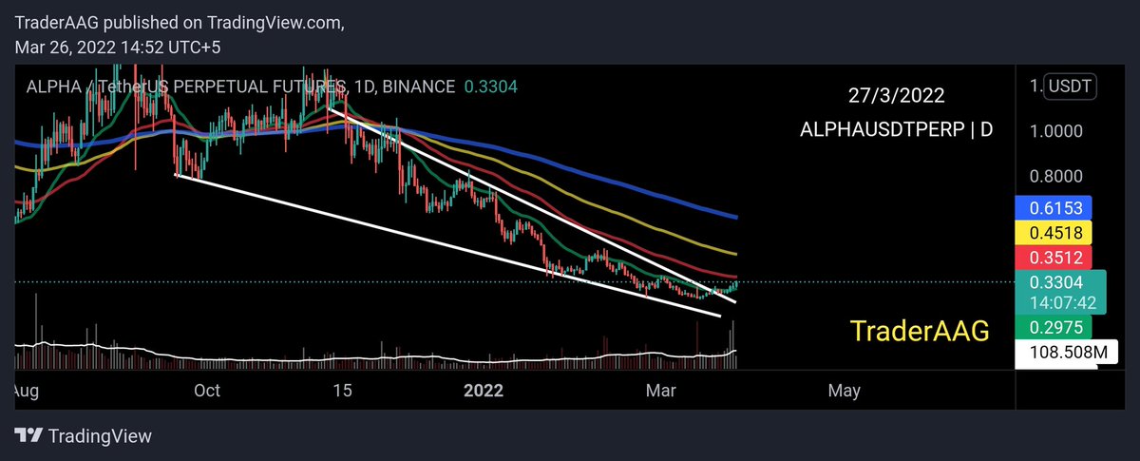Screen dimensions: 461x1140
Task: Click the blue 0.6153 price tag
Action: (1054, 207)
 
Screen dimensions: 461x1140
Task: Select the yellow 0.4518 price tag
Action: (1054, 232)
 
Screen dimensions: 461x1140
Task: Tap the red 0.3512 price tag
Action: (1054, 257)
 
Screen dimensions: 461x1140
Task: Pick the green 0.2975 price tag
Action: (1054, 327)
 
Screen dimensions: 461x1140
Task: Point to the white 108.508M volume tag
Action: (1054, 354)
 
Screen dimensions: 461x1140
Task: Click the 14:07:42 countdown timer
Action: (1054, 303)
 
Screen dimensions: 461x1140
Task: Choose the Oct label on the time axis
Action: (206, 390)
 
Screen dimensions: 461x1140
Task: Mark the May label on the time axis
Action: (845, 390)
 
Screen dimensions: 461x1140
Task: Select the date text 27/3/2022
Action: (897, 97)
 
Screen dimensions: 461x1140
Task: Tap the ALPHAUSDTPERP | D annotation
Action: (897, 130)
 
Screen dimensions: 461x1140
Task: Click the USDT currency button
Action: (1071, 87)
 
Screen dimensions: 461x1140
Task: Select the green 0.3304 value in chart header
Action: (490, 86)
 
